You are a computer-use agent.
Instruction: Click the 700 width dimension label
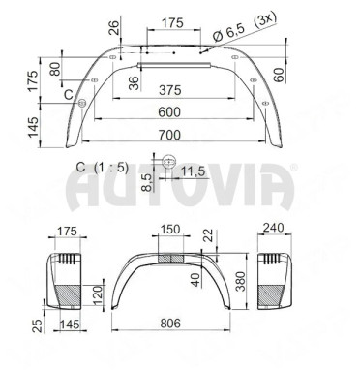pos(169,135)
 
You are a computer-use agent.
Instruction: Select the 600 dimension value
pos(169,112)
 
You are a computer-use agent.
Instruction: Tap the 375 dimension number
pos(170,90)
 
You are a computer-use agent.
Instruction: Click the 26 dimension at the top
pos(113,27)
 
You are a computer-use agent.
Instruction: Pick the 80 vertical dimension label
pos(55,69)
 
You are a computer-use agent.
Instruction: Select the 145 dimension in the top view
pos(33,127)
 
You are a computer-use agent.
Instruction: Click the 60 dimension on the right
pos(279,75)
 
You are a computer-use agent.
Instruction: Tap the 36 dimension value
pos(134,82)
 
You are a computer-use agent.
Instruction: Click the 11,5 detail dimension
pos(193,170)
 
